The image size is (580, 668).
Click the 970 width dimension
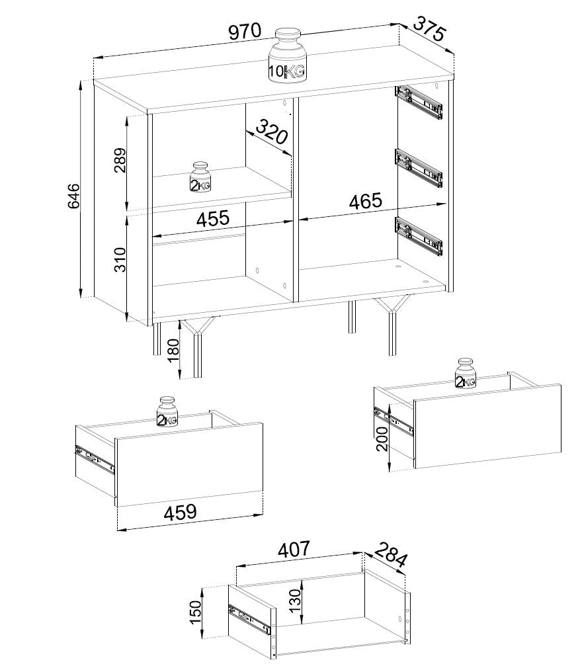click(245, 32)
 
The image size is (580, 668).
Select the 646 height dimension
click(73, 196)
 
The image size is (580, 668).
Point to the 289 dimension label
click(120, 160)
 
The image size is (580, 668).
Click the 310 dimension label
click(120, 259)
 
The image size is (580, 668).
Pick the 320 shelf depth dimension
click(272, 132)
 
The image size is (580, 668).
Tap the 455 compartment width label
click(213, 218)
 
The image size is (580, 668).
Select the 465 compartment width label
click(366, 201)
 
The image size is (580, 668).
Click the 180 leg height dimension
click(174, 350)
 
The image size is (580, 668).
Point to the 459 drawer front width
click(180, 513)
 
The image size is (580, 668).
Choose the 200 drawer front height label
click(382, 438)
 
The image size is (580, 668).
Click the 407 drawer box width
click(294, 549)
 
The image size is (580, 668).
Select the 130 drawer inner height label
click(295, 601)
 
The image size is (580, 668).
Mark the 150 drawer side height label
click(196, 612)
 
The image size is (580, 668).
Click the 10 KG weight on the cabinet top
click(288, 55)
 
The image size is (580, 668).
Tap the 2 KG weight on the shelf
click(200, 177)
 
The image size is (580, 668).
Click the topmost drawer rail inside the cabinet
click(419, 103)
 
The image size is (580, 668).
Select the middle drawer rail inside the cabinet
click(419, 167)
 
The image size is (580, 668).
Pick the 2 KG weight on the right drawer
click(466, 374)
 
